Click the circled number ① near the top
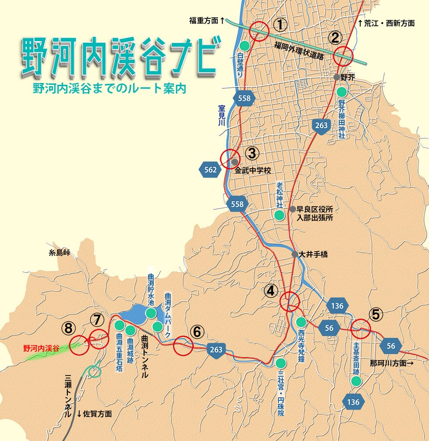point(280,25)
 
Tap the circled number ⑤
point(376,315)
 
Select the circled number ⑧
point(68,329)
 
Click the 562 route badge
point(210,170)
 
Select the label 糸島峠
point(60,253)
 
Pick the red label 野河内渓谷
point(41,347)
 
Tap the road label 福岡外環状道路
point(300,54)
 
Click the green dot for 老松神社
point(279,216)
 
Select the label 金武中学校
point(253,170)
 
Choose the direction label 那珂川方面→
point(392,363)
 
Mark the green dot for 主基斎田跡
point(356,381)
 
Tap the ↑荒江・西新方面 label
point(387,23)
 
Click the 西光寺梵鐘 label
point(302,346)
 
